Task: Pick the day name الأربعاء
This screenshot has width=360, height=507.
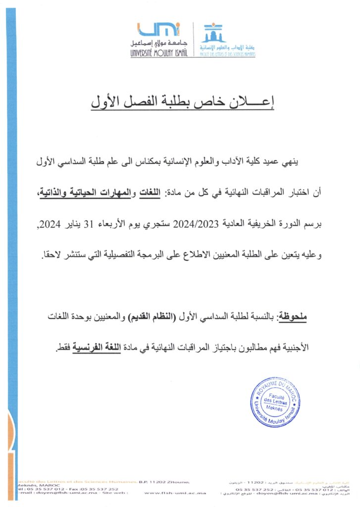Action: (x=122, y=224)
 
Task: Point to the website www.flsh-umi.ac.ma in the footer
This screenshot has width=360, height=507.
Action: (x=175, y=493)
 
